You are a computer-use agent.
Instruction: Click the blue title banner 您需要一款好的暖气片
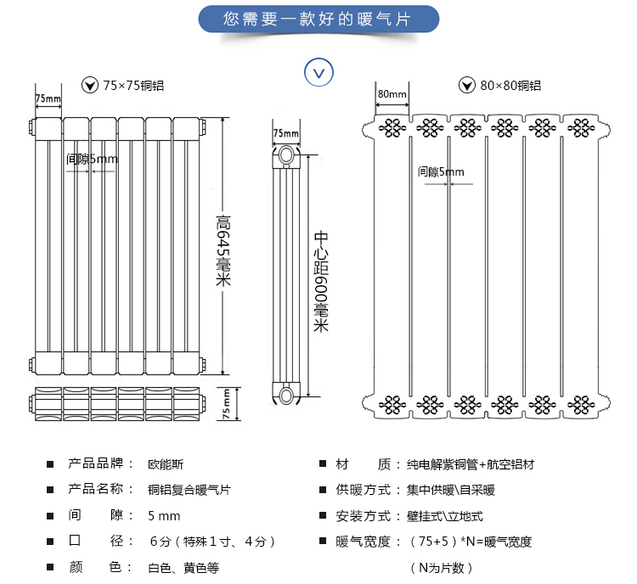pos(318,19)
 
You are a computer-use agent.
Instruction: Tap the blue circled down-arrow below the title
pos(318,72)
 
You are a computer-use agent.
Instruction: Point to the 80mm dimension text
pos(392,94)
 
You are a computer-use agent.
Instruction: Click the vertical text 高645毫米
pos(223,250)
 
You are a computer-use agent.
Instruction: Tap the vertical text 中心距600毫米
pos(321,281)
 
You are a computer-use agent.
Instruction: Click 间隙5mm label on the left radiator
pos(92,159)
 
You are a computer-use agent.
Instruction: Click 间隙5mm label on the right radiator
pos(441,171)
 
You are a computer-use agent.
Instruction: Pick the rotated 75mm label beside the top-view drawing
pos(226,404)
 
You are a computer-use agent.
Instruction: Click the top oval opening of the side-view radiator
pos(286,155)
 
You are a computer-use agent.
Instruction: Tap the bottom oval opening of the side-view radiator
pos(286,396)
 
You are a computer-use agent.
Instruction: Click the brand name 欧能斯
pos(166,464)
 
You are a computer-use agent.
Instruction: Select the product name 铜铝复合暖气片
pos(189,490)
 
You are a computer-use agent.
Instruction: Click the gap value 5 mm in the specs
pos(164,516)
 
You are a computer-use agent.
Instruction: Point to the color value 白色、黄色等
pos(183,567)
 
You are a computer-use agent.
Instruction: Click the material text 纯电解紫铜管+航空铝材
pos(471,464)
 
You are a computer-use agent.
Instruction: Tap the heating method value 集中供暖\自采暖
pos(451,490)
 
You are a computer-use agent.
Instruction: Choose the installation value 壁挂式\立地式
pos(445,516)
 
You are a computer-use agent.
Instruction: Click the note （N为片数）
pos(441,567)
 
